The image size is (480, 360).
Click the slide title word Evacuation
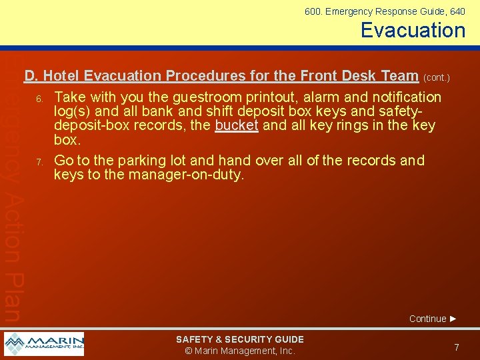pos(413,30)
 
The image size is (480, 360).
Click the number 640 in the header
pos(457,11)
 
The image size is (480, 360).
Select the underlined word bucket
pos(237,125)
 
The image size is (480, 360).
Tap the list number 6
pos(39,99)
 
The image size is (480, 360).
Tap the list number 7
pos(39,162)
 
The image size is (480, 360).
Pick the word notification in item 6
pos(407,97)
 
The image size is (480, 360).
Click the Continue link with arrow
pos(433,319)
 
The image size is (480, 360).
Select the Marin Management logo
pos(44,344)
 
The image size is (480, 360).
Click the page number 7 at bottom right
pos(456,347)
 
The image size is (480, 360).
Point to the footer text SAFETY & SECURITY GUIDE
pos(239,339)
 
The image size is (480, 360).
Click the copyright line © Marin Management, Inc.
pos(239,351)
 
